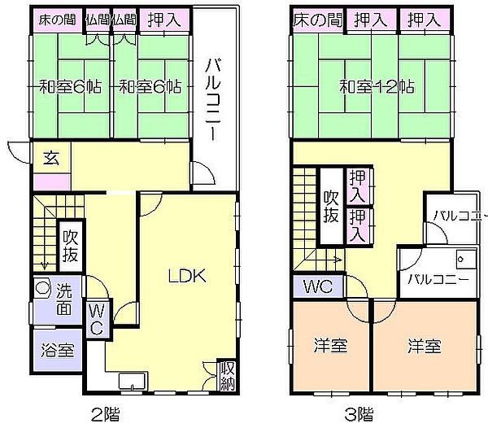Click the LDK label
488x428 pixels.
tap(187, 275)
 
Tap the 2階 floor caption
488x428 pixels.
tap(105, 414)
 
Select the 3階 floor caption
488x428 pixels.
tap(359, 414)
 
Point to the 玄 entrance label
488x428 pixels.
tap(51, 158)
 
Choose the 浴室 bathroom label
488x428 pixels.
tap(58, 350)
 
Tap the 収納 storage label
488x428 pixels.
tap(228, 376)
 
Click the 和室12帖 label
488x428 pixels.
tap(377, 87)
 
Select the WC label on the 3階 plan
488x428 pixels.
tap(318, 286)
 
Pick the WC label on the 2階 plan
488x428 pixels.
tap(96, 319)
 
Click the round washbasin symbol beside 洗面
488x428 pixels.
tap(42, 287)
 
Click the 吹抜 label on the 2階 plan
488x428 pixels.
tap(71, 246)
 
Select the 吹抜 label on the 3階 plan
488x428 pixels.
tap(331, 207)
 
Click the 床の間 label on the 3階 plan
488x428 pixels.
tap(317, 20)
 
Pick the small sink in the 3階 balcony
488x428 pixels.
tap(465, 259)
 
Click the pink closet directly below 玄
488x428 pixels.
tap(52, 181)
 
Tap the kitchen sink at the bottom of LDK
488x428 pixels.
tap(133, 381)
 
